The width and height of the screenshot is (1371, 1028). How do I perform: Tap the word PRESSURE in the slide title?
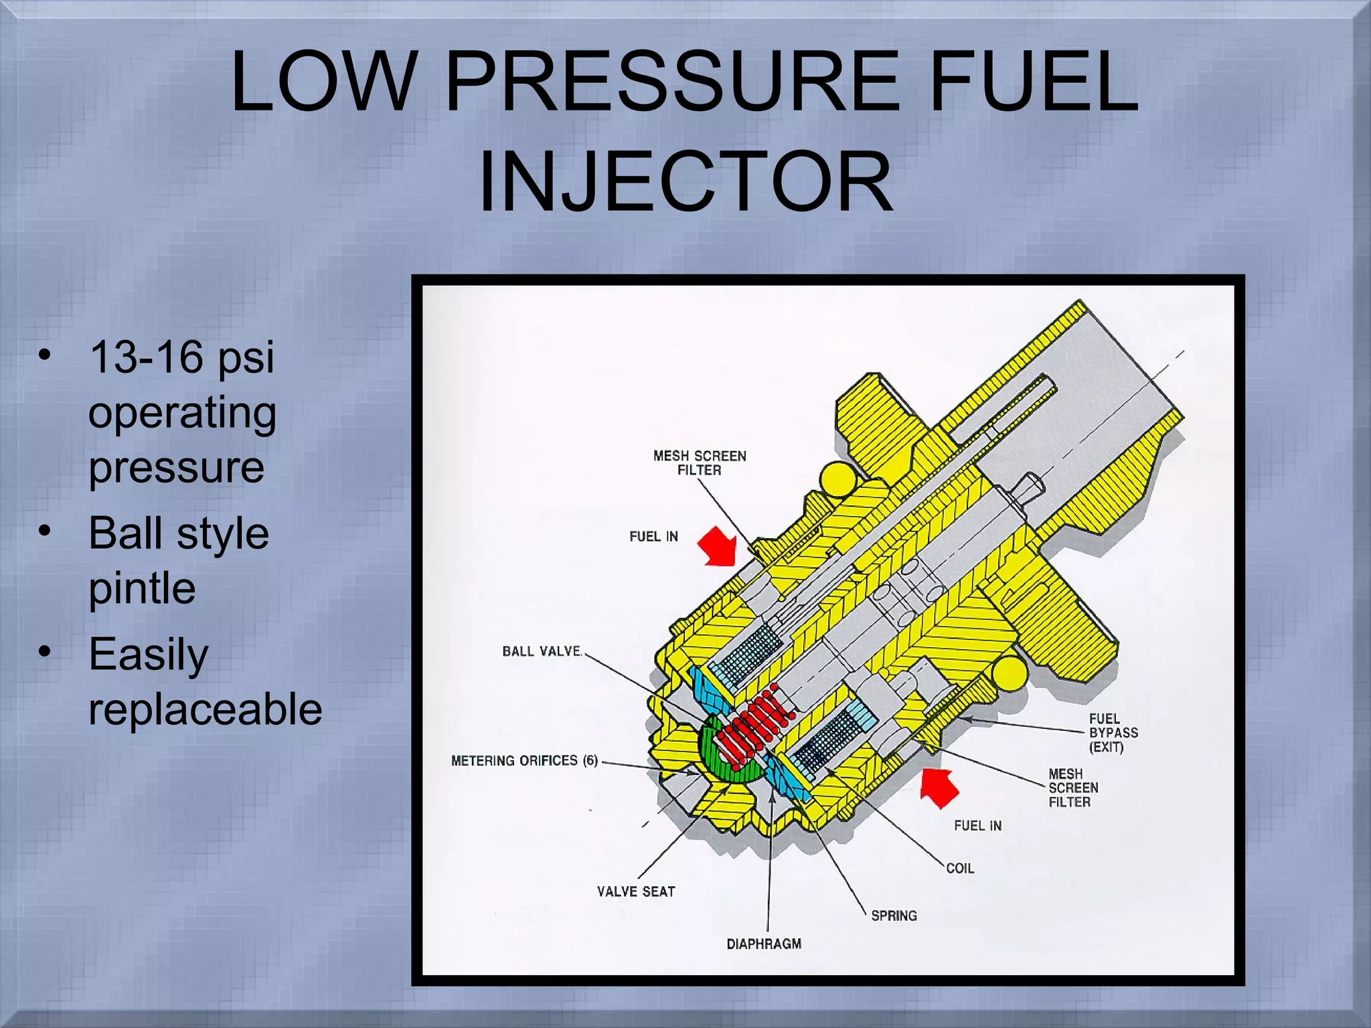pyautogui.click(x=672, y=83)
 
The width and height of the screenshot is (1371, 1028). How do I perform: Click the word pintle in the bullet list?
pyautogui.click(x=142, y=588)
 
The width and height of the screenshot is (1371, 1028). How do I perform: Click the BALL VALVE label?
pyautogui.click(x=542, y=651)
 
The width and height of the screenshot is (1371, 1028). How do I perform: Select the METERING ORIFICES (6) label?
pyautogui.click(x=524, y=760)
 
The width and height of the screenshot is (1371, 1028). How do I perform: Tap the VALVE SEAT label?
pyautogui.click(x=636, y=891)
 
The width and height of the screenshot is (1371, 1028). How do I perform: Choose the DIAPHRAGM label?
pyautogui.click(x=764, y=944)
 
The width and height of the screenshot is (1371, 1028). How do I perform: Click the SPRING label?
pyautogui.click(x=894, y=916)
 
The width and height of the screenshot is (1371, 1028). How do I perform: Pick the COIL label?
pyautogui.click(x=960, y=868)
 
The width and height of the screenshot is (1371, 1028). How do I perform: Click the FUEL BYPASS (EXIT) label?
pyautogui.click(x=1113, y=733)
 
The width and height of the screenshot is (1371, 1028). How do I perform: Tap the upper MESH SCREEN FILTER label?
pyautogui.click(x=700, y=462)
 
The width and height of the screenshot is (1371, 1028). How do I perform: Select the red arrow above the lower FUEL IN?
pyautogui.click(x=939, y=787)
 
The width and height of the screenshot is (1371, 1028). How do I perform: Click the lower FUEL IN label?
pyautogui.click(x=977, y=826)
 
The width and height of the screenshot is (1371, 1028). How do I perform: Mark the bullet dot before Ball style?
pyautogui.click(x=45, y=531)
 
